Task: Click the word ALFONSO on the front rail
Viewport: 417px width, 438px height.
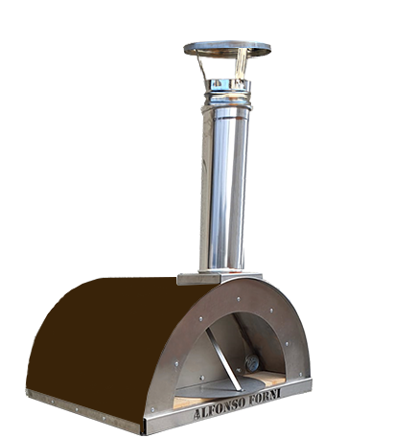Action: click(220, 405)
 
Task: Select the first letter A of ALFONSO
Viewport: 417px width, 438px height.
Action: click(197, 414)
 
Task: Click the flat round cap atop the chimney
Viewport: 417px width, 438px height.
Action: click(227, 49)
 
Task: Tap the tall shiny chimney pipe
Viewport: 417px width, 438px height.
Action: click(224, 189)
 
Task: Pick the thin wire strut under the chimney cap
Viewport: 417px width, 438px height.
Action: click(201, 67)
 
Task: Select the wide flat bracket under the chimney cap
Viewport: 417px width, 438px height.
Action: click(241, 64)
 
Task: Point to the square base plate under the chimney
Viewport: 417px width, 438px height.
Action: click(220, 278)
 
